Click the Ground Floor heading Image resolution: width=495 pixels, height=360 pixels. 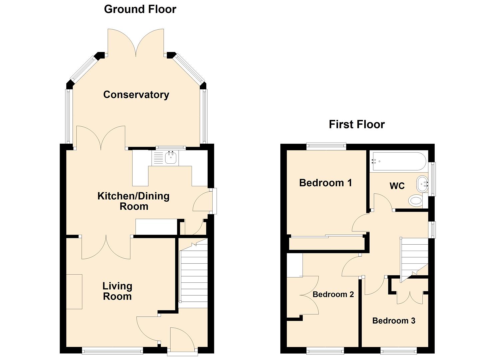pos(140,9)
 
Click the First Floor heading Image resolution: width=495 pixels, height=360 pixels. pos(356,124)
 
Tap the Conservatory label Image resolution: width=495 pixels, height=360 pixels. pos(136,95)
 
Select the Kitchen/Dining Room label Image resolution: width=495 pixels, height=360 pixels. pos(133,201)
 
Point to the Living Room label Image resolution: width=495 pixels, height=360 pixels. pos(117,291)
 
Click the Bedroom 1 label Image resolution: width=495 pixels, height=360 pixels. pos(325,183)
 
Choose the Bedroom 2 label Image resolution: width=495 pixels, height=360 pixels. pos(333,294)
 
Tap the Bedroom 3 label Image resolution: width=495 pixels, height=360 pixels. pos(393,321)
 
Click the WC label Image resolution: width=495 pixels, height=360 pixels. pos(397,186)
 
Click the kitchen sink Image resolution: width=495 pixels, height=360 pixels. pos(171,158)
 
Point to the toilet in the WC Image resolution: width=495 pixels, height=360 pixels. pos(416,201)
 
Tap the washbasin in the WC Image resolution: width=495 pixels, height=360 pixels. pos(422,184)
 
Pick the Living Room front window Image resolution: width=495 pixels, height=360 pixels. pos(112,350)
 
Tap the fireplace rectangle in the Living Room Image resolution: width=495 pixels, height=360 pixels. pos(74,292)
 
